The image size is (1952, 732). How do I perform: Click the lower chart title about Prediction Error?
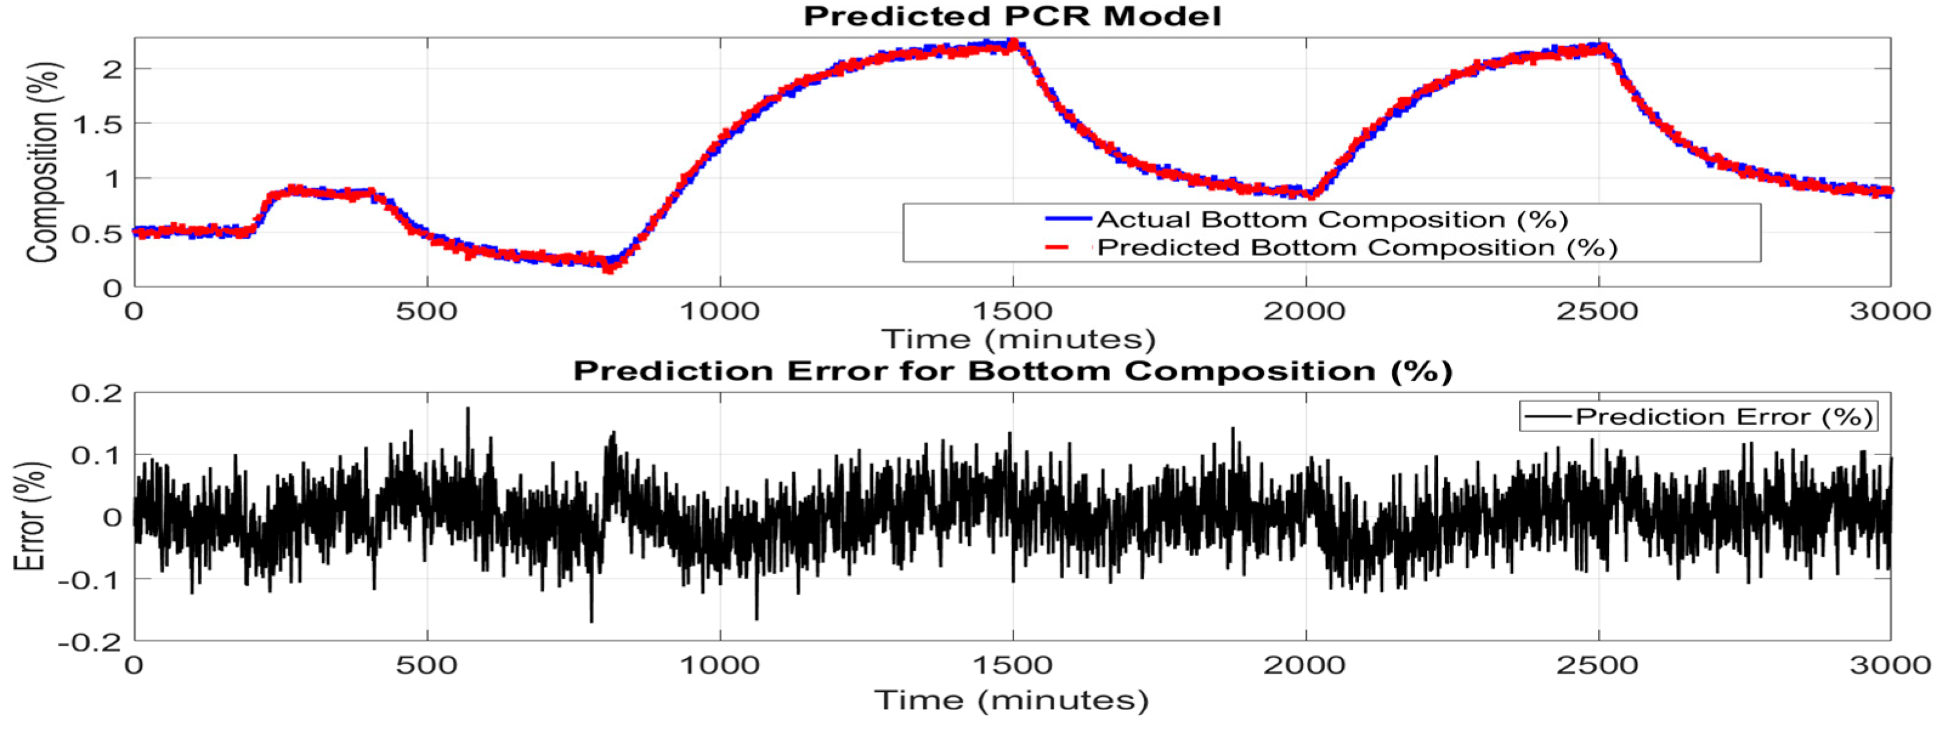click(x=1012, y=371)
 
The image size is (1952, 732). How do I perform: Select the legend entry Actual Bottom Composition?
click(x=1332, y=220)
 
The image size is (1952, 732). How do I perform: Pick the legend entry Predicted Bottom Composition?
click(x=1357, y=248)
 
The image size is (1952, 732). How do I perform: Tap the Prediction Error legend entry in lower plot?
click(x=1723, y=417)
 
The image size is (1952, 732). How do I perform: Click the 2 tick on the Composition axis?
click(x=112, y=69)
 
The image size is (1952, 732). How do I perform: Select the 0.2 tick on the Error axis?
click(x=97, y=393)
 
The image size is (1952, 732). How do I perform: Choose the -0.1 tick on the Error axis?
click(x=90, y=580)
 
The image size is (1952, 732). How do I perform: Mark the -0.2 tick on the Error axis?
click(x=90, y=642)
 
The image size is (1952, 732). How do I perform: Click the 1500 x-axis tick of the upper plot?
click(x=1012, y=311)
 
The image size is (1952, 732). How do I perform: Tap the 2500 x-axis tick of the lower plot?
click(x=1598, y=665)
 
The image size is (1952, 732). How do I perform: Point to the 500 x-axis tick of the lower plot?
click(x=427, y=665)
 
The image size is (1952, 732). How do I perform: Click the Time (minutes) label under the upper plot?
click(x=1018, y=339)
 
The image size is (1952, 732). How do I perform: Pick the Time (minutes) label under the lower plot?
click(x=1012, y=699)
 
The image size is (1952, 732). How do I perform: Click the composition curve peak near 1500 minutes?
click(x=1014, y=44)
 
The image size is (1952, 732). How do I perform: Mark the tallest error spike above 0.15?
click(x=467, y=409)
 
